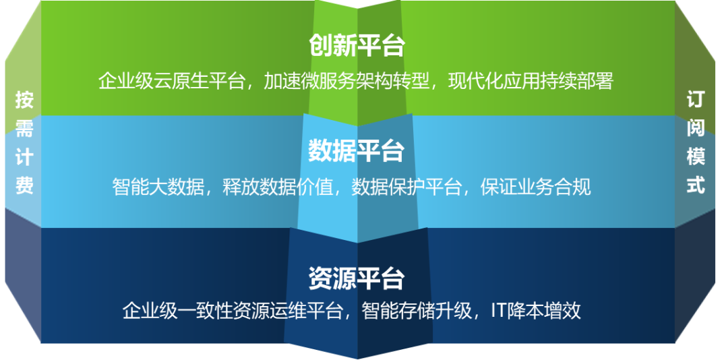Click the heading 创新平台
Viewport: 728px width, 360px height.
(x=357, y=46)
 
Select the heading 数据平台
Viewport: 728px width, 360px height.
(x=357, y=151)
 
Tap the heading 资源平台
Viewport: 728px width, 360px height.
(x=357, y=278)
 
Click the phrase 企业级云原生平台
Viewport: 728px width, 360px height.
(x=171, y=82)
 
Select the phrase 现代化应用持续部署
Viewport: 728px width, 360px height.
(x=531, y=82)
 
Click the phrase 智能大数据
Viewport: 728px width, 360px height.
(x=158, y=187)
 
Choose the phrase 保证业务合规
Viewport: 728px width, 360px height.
(x=536, y=187)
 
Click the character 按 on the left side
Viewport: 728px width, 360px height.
(x=24, y=100)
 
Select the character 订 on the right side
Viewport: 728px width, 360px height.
(x=696, y=99)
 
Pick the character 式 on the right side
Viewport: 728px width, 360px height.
(x=696, y=185)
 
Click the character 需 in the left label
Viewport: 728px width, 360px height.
(x=24, y=128)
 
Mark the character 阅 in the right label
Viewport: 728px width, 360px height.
(x=696, y=127)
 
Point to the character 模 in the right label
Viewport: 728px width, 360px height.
(x=696, y=156)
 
